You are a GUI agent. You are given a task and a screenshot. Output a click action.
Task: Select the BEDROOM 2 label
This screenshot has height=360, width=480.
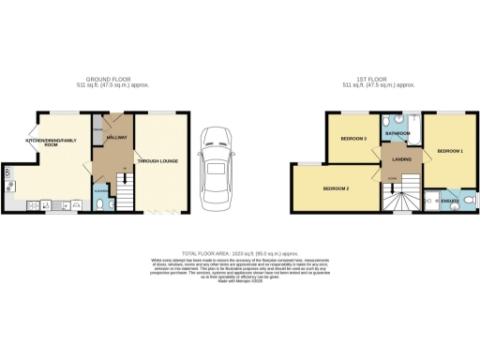point(336,188)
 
